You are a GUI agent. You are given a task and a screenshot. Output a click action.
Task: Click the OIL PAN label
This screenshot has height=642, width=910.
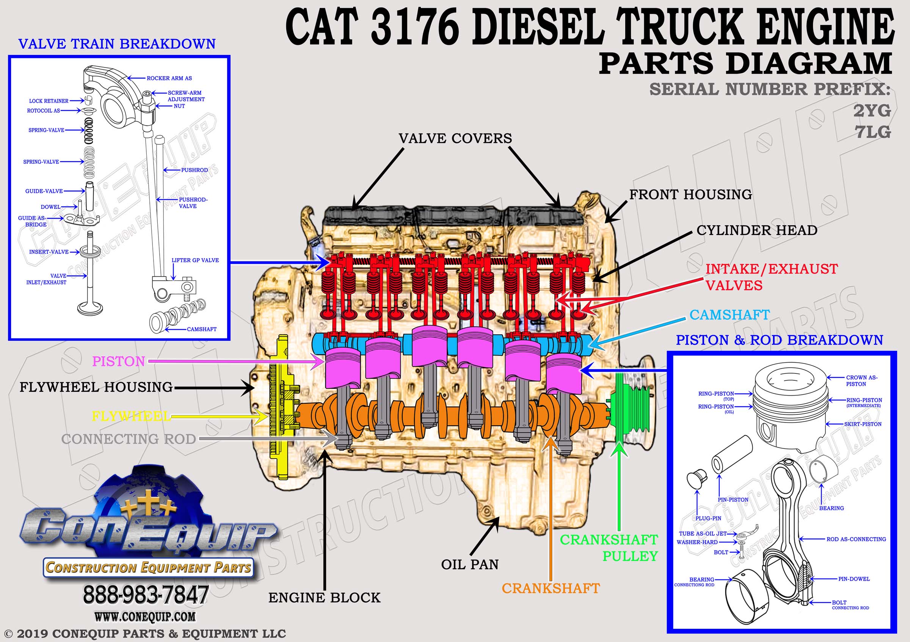(x=470, y=564)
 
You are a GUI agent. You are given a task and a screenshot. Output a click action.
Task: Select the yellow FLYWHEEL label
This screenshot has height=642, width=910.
(x=132, y=416)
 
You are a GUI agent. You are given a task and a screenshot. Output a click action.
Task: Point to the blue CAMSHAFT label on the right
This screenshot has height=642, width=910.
(x=730, y=315)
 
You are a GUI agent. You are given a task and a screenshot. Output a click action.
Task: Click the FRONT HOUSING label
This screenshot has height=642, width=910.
(x=691, y=194)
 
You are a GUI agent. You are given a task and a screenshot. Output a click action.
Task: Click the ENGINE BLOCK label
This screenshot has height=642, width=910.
(x=324, y=598)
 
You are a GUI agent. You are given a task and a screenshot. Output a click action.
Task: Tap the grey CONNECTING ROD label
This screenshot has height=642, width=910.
(x=129, y=439)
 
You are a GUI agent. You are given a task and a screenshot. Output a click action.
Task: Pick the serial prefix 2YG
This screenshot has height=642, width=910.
(x=872, y=111)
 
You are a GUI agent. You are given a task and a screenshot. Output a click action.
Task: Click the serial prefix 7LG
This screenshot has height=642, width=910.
(x=873, y=132)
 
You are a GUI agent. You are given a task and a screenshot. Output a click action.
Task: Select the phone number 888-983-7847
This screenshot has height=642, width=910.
(x=146, y=595)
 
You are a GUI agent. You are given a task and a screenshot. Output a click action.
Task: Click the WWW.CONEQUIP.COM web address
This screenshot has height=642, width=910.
(x=145, y=617)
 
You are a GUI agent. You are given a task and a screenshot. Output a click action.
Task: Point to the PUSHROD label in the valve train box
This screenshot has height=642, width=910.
(x=194, y=170)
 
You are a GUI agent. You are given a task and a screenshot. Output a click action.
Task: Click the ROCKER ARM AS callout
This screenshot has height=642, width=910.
(x=169, y=78)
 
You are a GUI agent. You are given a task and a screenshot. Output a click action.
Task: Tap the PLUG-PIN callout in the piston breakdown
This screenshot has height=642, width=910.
(x=708, y=518)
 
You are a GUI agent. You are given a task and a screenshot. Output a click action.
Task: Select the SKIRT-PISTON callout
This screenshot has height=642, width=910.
(x=863, y=424)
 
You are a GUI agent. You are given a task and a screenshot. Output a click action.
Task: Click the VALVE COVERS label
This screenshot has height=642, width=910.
(x=455, y=138)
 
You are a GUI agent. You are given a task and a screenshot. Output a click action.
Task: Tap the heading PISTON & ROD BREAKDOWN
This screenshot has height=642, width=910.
(x=780, y=340)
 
